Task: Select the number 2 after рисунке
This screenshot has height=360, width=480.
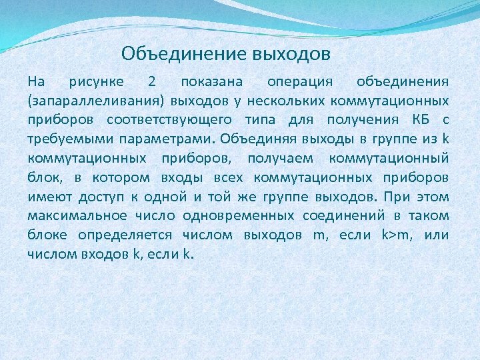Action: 152,82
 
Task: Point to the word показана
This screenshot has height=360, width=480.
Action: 211,82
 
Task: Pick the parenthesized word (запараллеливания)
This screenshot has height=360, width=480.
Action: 95,101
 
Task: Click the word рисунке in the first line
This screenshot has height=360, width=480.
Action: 96,83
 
